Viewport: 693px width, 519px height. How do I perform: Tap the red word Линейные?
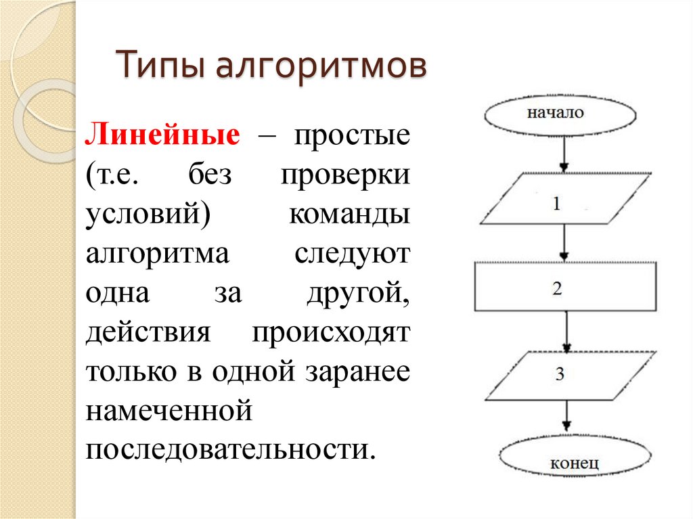coord(162,135)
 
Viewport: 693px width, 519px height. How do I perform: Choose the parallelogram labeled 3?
coord(569,375)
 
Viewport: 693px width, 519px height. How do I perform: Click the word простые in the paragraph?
coord(351,137)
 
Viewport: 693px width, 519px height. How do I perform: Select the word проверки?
coord(345,177)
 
